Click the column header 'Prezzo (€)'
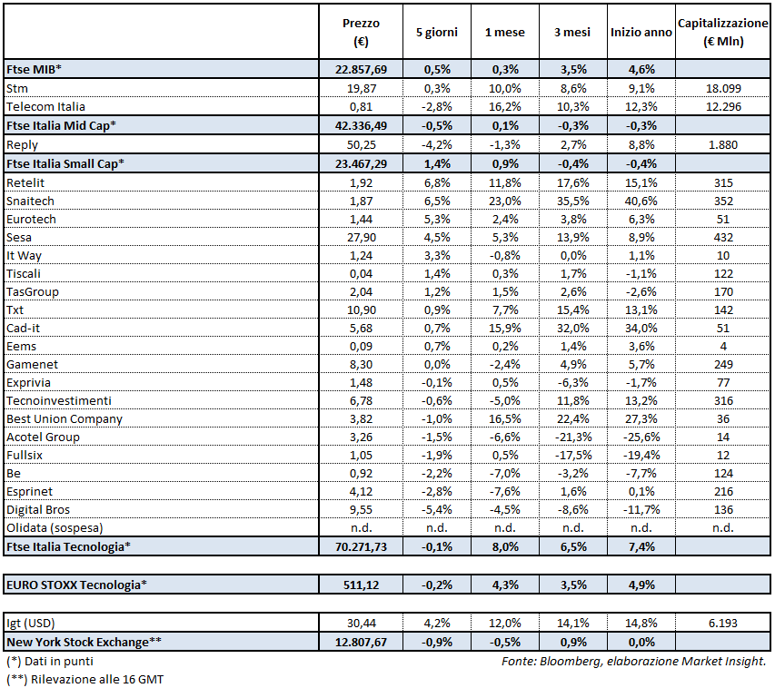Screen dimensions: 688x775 (362, 32)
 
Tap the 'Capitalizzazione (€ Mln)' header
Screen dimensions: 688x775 (723, 32)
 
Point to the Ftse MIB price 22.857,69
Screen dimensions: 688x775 (362, 69)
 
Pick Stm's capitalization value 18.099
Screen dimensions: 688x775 (723, 88)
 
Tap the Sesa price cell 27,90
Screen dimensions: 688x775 (362, 236)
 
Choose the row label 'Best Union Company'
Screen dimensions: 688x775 (64, 419)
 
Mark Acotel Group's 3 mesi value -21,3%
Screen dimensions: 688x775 (572, 437)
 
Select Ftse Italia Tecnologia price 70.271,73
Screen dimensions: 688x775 (362, 546)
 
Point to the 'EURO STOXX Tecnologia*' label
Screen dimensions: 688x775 (76, 584)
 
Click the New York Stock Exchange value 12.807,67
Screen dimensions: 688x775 (362, 643)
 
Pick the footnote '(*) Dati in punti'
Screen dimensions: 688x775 (49, 662)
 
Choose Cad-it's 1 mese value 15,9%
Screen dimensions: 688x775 (503, 328)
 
